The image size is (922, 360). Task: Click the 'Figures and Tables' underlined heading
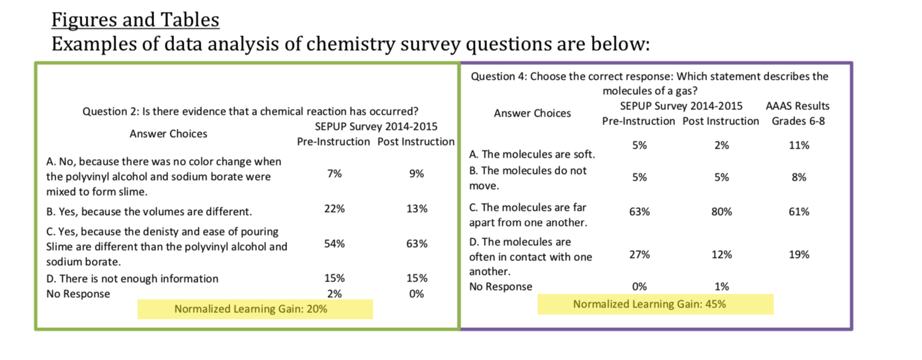(x=135, y=20)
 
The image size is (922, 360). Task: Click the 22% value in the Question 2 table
(x=335, y=209)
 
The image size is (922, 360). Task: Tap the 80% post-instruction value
(x=721, y=212)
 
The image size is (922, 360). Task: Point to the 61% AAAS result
(x=799, y=212)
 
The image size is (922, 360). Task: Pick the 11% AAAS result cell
(x=799, y=145)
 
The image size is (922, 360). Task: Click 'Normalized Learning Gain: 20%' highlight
(x=251, y=309)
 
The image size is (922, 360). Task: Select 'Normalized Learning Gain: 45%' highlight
(x=649, y=304)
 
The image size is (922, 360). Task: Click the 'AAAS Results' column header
(x=798, y=106)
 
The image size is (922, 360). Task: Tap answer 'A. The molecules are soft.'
(x=532, y=155)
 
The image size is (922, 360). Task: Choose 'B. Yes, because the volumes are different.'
(x=149, y=211)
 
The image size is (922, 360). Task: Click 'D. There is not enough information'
(x=132, y=278)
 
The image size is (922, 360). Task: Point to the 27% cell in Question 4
(x=640, y=255)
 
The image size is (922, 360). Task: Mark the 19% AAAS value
(x=799, y=255)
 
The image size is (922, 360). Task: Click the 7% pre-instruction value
(x=335, y=173)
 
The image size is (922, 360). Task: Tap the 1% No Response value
(x=721, y=286)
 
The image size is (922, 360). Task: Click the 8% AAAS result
(x=799, y=178)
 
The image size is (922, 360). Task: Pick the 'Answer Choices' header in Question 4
(x=532, y=113)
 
